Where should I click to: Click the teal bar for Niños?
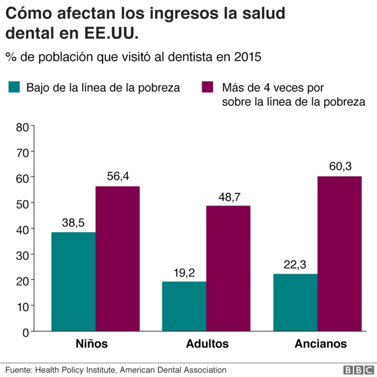point(73,282)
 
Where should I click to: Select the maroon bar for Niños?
point(117,259)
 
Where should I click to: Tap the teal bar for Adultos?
point(184,306)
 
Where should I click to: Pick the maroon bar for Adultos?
point(228,269)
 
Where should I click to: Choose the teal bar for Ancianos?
point(295,302)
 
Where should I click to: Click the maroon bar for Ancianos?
point(339,254)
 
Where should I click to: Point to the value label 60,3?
point(340,167)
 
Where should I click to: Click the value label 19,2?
point(185,273)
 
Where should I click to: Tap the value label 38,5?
point(74,223)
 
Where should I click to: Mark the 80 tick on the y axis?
point(22,126)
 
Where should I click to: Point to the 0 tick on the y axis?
point(26,332)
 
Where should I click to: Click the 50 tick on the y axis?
point(22,203)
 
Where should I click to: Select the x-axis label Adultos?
point(207,344)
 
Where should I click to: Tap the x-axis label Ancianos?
point(318,344)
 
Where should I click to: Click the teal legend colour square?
point(15,88)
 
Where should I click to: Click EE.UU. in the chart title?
point(107,34)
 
